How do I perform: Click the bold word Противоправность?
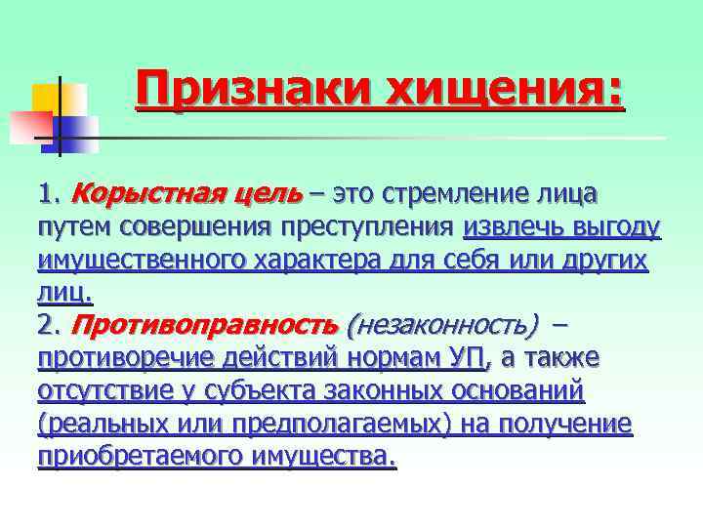pos(204,325)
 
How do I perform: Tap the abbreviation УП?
pos(466,358)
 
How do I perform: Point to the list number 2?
pos(48,325)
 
